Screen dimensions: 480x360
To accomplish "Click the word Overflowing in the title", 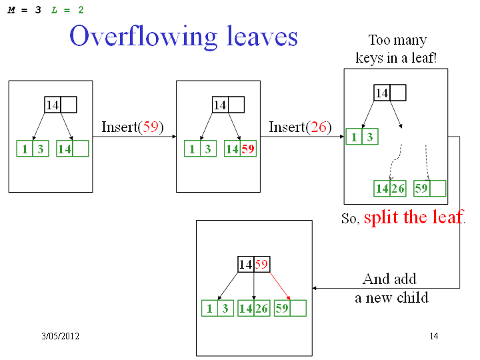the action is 143,37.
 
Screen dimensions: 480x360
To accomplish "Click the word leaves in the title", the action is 262,36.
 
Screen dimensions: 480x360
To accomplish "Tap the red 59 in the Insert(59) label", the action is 151,127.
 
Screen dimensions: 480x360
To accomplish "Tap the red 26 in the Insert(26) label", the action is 319,127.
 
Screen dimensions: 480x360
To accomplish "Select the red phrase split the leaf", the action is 413,217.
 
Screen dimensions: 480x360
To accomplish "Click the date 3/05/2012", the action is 60,336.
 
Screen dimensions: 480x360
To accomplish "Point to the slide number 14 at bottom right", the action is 434,336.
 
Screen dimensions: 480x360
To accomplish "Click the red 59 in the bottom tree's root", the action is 261,264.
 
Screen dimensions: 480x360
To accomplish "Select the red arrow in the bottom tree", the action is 280,286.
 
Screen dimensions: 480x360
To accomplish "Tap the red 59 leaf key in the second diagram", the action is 248,149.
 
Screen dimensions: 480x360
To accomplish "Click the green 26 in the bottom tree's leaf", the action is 262,308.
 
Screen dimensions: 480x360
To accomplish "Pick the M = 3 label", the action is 24,10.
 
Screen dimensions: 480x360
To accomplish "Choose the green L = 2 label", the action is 67,10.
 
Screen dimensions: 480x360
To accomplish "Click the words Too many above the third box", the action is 397,41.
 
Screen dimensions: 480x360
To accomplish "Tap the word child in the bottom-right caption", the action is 413,297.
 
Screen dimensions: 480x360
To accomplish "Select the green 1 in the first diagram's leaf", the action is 25,149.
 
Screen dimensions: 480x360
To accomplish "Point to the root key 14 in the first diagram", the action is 53,105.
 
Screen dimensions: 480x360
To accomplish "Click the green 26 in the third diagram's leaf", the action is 398,188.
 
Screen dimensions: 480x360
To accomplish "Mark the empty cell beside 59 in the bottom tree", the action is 298,308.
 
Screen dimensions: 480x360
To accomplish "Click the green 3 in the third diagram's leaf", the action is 370,137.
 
